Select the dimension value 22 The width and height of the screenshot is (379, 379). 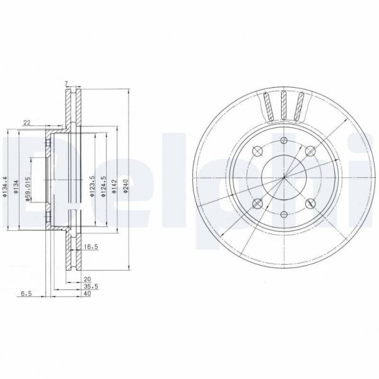click(26, 124)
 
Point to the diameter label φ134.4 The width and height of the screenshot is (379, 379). click(5, 187)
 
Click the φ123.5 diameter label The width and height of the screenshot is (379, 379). click(92, 187)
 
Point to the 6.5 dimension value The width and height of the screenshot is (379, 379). click(26, 293)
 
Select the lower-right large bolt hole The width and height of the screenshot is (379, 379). click(310, 204)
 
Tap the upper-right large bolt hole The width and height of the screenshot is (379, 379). click(310, 151)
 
